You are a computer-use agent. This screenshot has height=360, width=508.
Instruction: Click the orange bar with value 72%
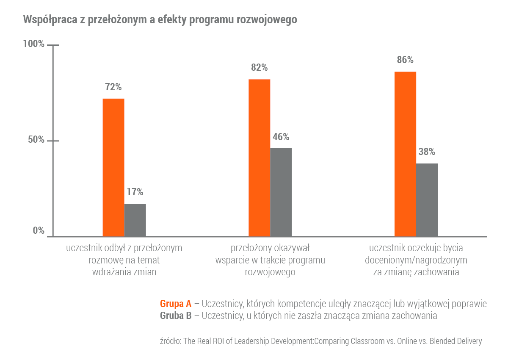pos(113,167)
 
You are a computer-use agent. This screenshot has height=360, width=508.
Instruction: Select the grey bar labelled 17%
pos(135,220)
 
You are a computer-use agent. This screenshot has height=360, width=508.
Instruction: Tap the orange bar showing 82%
pos(259,158)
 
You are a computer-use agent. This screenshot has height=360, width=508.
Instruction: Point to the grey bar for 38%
pos(427,199)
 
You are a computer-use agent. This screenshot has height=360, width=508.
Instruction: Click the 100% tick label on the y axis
pos(33,44)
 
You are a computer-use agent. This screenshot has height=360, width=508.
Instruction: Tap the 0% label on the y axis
pos(39,231)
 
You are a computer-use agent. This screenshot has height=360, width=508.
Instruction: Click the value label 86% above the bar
pos(405,60)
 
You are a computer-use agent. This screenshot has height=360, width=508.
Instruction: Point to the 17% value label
pos(135,192)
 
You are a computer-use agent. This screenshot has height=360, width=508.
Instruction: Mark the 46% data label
pos(281,137)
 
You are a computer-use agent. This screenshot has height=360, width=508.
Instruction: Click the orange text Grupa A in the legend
pos(176,304)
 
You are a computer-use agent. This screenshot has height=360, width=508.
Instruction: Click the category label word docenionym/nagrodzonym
pos(416,260)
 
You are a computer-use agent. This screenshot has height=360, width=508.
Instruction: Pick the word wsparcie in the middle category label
pos(231,260)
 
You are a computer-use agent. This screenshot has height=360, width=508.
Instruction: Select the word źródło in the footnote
pos(170,341)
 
